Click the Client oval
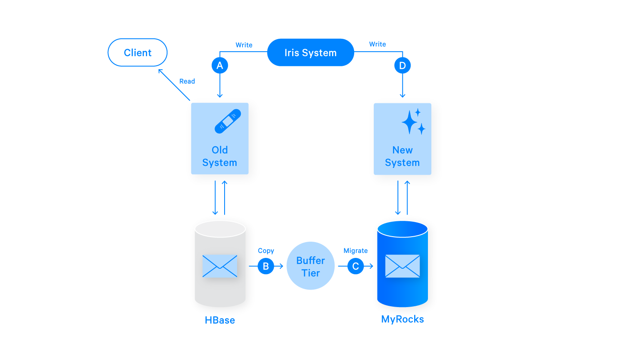point(137,52)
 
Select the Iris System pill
point(310,52)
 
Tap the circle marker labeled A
point(220,65)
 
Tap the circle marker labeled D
point(402,65)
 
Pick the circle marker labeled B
point(266,266)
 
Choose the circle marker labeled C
point(355,266)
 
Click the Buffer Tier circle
point(310,266)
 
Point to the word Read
point(187,81)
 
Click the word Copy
point(266,251)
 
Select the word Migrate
point(355,251)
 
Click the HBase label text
point(220,320)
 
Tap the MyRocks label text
point(402,319)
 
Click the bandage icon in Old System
point(227,121)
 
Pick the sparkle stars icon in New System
point(413,122)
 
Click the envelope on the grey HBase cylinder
point(220,266)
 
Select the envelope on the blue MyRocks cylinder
point(402,266)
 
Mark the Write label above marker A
point(244,45)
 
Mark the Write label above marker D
point(377,44)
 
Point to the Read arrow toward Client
point(174,85)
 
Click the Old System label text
point(220,156)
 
